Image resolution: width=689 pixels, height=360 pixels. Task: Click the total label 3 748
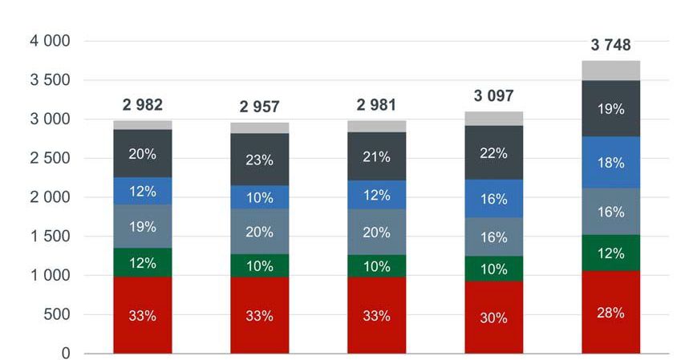[610, 46]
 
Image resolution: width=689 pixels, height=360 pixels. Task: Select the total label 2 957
[260, 107]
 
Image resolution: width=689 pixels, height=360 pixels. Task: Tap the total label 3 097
[493, 97]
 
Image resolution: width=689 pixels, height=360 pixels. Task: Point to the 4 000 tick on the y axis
[51, 41]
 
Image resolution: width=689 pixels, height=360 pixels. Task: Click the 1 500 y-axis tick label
[51, 237]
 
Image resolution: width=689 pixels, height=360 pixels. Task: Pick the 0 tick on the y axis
[66, 354]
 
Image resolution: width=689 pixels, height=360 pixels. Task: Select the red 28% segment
[610, 312]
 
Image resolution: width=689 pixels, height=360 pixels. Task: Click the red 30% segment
[493, 317]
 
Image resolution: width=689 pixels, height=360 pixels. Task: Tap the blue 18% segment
[610, 162]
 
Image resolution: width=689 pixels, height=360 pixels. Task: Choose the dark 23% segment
[260, 160]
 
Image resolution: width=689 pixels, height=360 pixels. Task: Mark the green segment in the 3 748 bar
[610, 253]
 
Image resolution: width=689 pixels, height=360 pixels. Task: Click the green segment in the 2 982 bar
[143, 262]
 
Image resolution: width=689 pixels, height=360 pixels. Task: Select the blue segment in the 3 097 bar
[493, 198]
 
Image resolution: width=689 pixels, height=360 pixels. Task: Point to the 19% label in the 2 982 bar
[143, 227]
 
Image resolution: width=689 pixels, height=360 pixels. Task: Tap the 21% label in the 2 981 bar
[377, 156]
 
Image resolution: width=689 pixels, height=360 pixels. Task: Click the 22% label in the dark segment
[493, 153]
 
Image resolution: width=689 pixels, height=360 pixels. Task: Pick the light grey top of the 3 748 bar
[610, 71]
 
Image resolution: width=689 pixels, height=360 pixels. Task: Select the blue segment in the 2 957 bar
[260, 197]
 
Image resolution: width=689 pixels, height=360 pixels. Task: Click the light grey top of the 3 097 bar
[493, 119]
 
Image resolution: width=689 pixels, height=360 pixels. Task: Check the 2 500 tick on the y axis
[51, 159]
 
